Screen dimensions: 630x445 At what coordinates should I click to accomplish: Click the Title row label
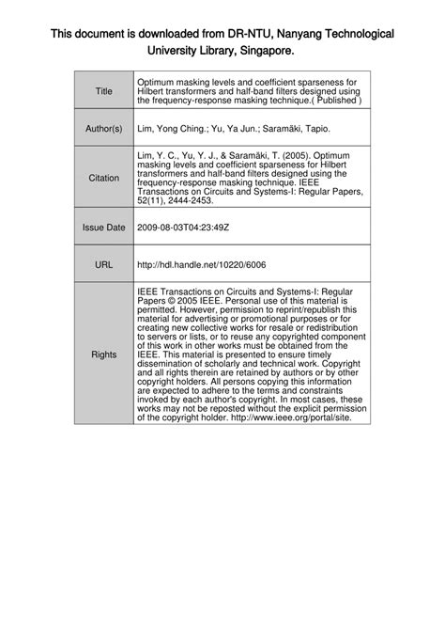tap(104, 91)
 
